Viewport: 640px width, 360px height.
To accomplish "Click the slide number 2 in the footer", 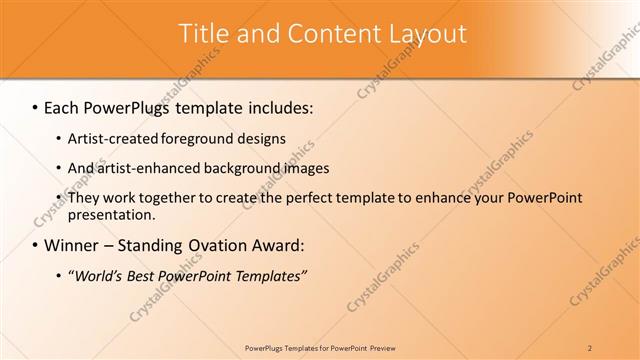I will click(x=590, y=348).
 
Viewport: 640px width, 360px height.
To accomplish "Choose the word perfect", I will click(x=285, y=198).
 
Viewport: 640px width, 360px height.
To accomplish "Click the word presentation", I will click(x=109, y=214).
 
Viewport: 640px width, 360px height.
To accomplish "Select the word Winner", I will click(x=71, y=245).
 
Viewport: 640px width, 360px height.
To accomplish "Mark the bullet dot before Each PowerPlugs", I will click(x=36, y=107).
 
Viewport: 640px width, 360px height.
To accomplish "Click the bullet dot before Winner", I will click(x=36, y=245).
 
